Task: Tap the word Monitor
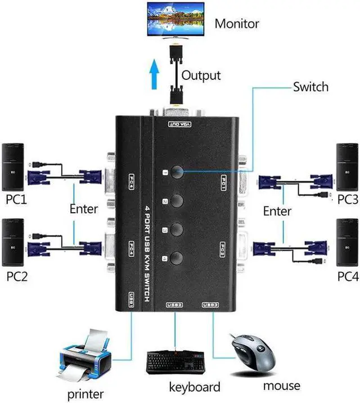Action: (236, 24)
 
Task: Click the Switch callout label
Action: (310, 87)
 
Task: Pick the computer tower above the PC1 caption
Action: (13, 167)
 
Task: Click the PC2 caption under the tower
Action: (16, 276)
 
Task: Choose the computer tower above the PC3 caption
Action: (347, 167)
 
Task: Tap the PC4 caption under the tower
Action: (347, 276)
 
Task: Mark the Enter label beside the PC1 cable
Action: (84, 209)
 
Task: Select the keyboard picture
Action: (176, 362)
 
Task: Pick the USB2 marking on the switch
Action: (174, 305)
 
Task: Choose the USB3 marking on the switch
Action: (210, 305)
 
